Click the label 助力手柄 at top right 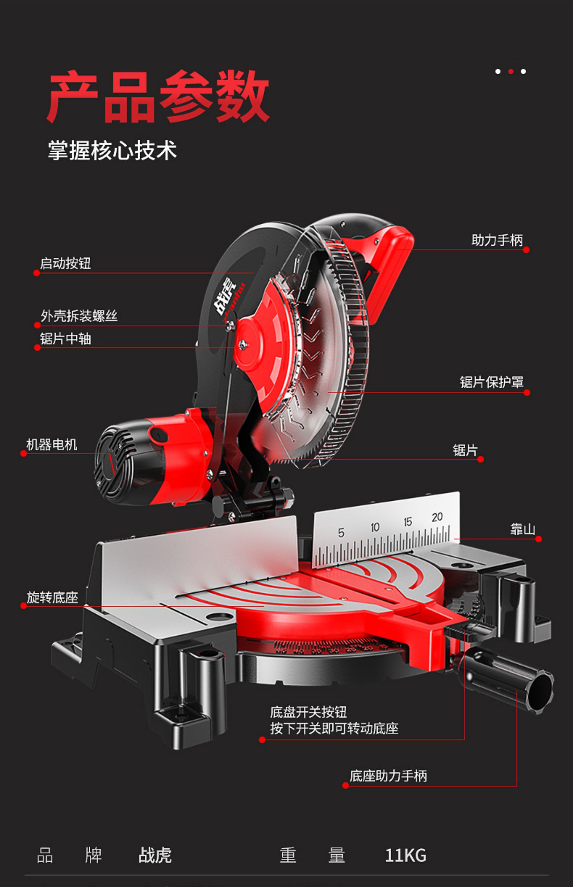[x=497, y=240]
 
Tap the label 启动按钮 [x=65, y=263]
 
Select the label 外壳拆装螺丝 [x=79, y=316]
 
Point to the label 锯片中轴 [x=65, y=338]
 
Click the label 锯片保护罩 [x=491, y=382]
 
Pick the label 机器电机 [x=52, y=445]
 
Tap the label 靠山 [x=522, y=529]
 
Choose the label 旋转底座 [x=52, y=597]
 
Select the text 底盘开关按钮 [x=308, y=712]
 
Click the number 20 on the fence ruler [x=437, y=518]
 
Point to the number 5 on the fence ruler [x=341, y=533]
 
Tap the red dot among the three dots [x=511, y=71]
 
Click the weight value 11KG [x=405, y=856]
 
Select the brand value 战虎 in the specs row [x=155, y=855]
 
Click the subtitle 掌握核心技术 [x=112, y=150]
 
